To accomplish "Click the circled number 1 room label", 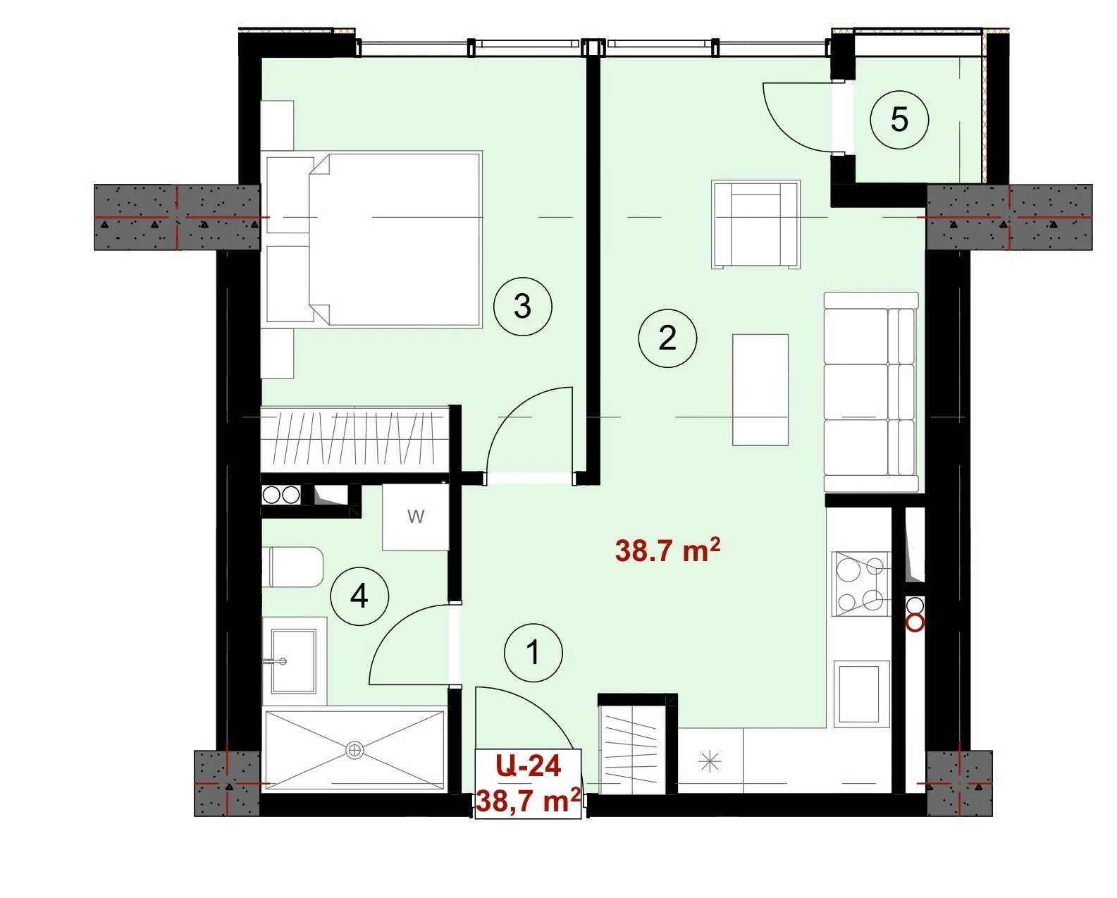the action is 533,653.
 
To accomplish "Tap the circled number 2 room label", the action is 667,338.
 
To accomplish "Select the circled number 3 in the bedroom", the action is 522,306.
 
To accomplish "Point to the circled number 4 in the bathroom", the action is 359,596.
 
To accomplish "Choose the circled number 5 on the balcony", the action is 899,120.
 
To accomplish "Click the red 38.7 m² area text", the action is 667,551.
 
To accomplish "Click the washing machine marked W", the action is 415,517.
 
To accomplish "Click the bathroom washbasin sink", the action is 294,661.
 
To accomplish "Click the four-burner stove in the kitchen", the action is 861,584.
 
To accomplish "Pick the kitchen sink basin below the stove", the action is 862,694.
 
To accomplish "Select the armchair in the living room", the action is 755,224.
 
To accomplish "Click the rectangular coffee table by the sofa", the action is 760,390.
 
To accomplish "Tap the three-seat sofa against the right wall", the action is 871,392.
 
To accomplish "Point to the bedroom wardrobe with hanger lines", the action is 354,439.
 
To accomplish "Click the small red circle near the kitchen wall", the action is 915,623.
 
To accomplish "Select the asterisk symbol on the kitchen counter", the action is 710,762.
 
